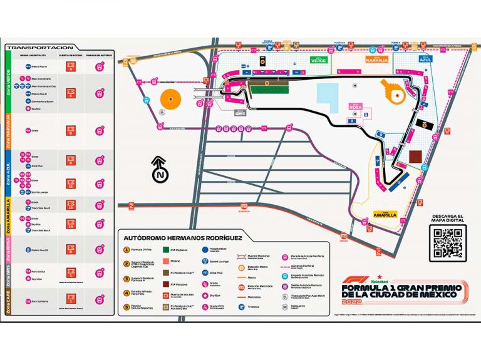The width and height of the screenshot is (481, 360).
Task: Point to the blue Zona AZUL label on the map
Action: [x=427, y=59]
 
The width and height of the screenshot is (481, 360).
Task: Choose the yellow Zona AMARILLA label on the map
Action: [x=385, y=213]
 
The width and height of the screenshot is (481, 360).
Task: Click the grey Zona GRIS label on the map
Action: [x=239, y=113]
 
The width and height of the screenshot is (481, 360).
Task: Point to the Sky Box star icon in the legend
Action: [x=205, y=292]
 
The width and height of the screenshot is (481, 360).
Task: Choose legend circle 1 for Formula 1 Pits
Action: [x=125, y=250]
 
